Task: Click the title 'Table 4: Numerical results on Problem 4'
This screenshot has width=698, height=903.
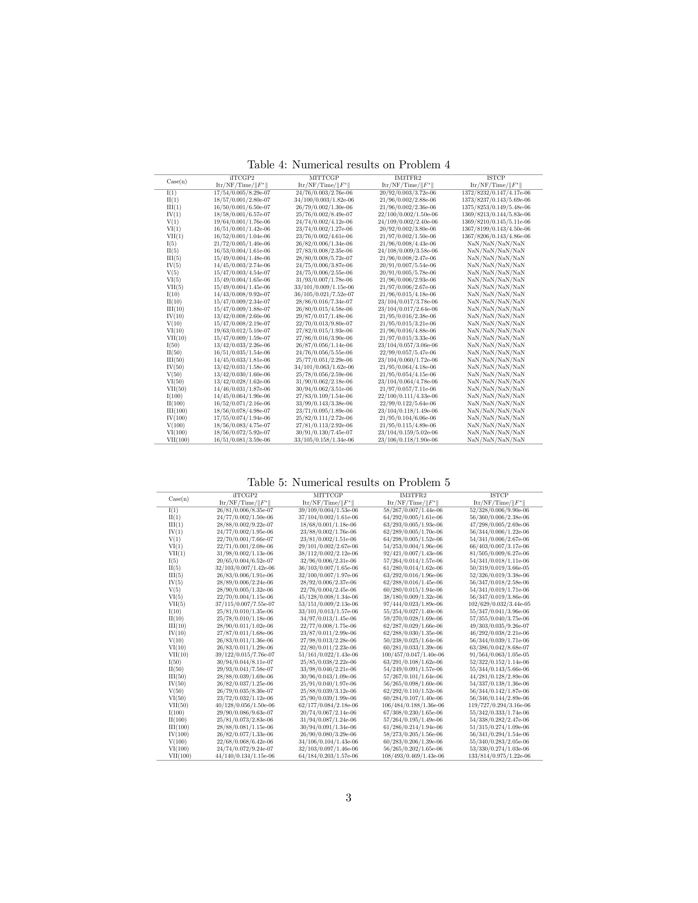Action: [348, 165]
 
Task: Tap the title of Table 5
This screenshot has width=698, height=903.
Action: [348, 482]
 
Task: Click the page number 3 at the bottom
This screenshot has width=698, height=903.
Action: [348, 798]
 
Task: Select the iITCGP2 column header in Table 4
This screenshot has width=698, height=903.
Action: [242, 178]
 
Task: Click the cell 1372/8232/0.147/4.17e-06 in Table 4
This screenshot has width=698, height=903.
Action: [496, 193]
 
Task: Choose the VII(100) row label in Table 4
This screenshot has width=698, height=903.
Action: [178, 440]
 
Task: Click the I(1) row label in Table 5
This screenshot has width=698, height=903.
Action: [173, 510]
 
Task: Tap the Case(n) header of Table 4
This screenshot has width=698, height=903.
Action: [177, 181]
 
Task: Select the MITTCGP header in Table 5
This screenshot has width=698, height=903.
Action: [328, 495]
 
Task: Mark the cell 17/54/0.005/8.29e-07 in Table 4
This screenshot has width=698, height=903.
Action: [242, 193]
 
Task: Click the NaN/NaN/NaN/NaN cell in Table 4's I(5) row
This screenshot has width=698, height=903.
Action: [496, 244]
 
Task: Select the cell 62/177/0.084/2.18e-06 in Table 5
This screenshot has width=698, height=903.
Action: [328, 705]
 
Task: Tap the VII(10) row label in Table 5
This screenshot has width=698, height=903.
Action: [178, 655]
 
